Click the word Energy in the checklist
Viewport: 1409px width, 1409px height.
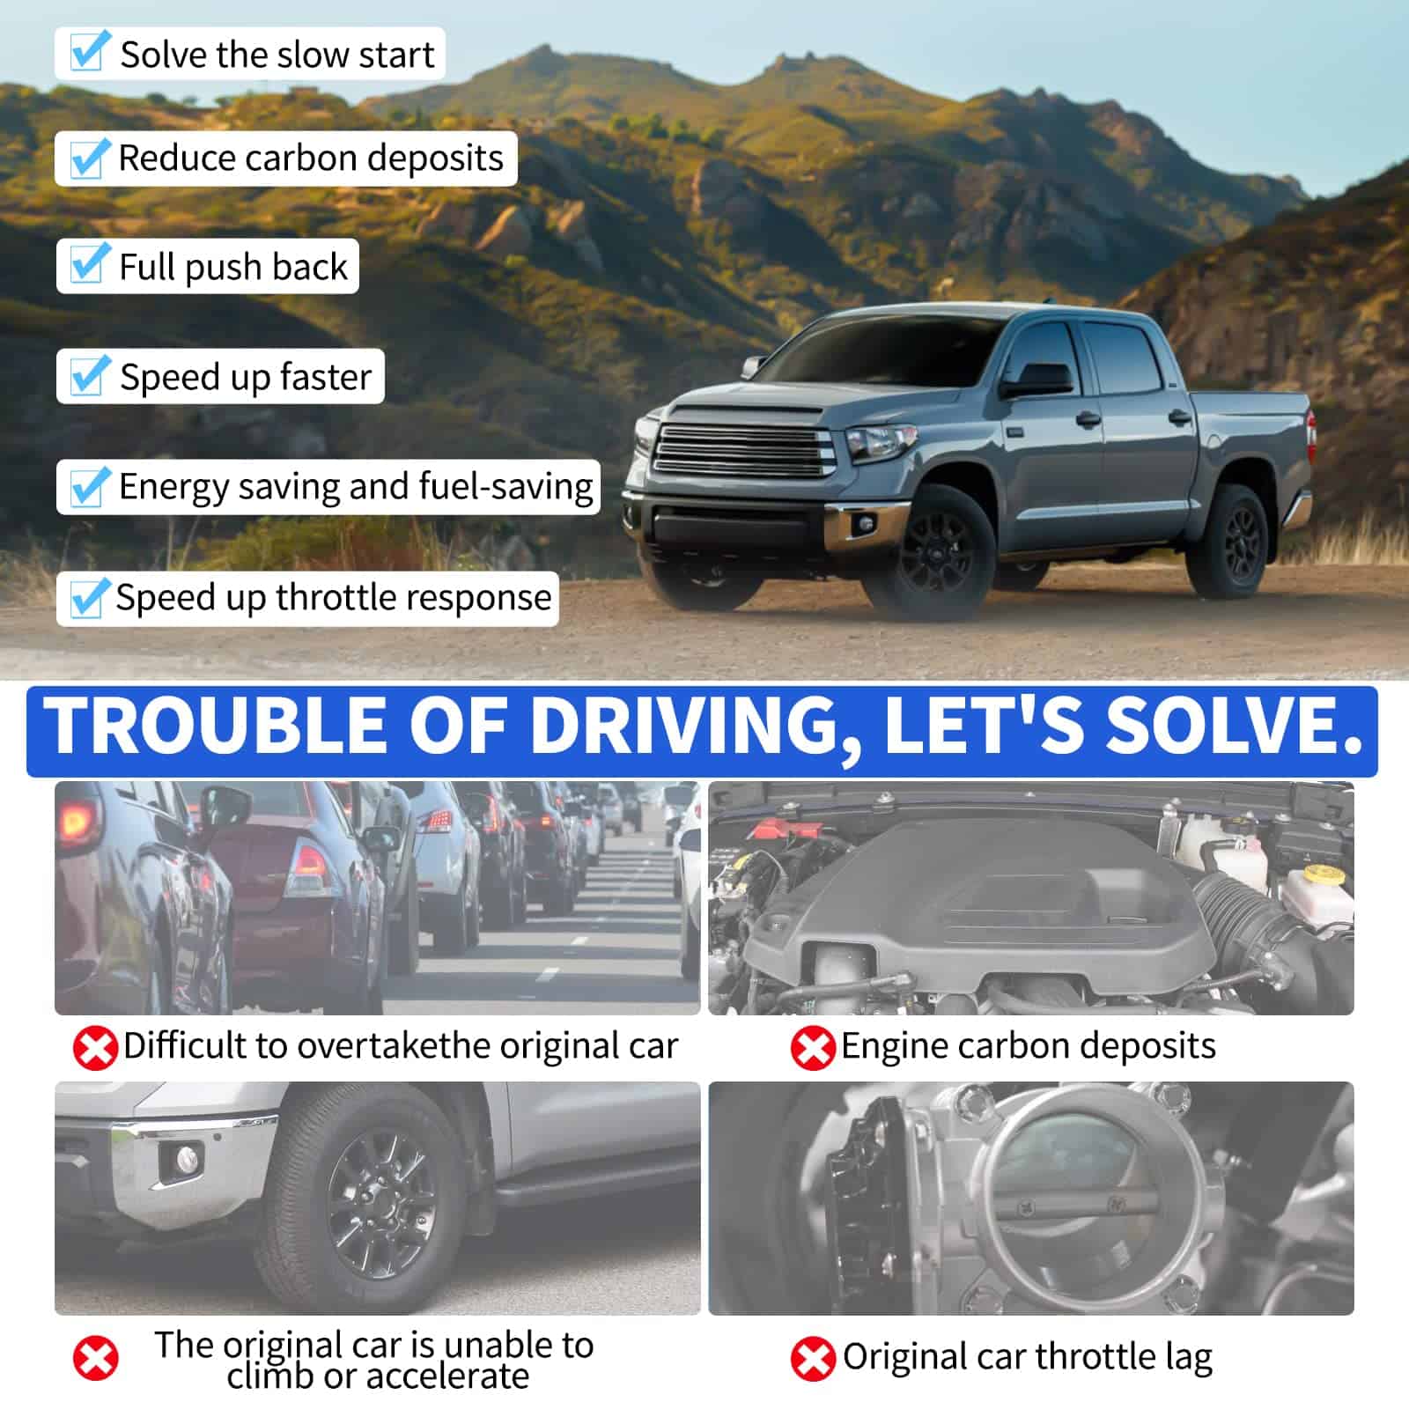coord(173,487)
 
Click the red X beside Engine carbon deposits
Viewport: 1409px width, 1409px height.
coord(812,1048)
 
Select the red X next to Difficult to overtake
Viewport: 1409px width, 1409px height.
coord(95,1048)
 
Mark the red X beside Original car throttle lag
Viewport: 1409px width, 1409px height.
coord(812,1359)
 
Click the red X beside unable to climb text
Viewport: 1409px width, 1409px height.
coord(95,1358)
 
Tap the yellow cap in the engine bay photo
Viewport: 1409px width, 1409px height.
coord(1319,876)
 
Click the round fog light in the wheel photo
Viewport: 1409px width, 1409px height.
coord(187,1161)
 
